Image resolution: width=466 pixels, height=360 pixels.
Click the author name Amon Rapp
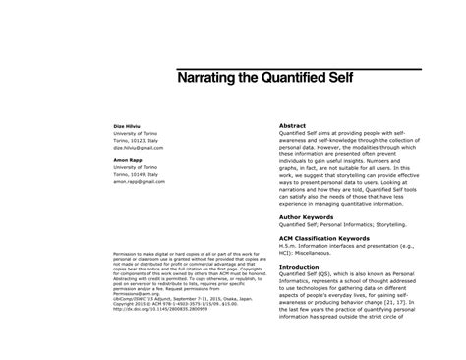(x=129, y=159)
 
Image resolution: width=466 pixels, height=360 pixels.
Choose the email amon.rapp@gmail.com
(x=143, y=181)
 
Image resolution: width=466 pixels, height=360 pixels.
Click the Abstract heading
(x=293, y=126)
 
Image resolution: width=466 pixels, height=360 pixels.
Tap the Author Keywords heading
(x=308, y=217)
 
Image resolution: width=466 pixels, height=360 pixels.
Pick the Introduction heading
(x=300, y=267)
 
